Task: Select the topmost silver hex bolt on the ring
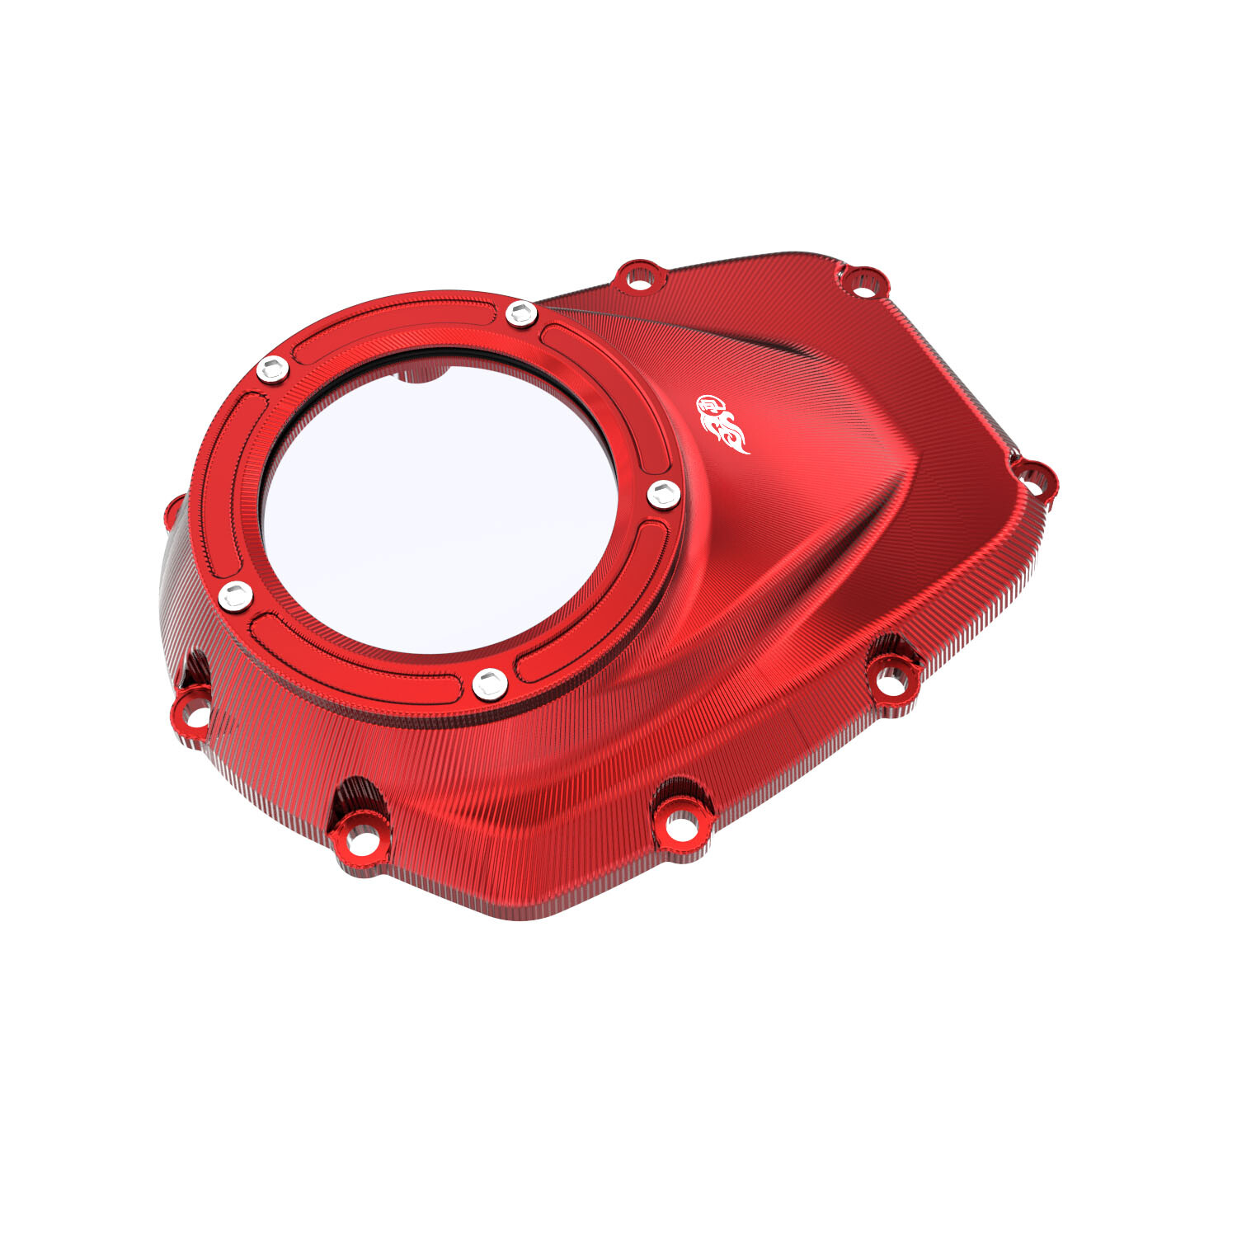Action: click(520, 313)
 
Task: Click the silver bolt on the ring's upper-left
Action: click(272, 369)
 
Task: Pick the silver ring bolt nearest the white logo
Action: click(663, 495)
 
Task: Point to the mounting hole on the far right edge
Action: click(1032, 478)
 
